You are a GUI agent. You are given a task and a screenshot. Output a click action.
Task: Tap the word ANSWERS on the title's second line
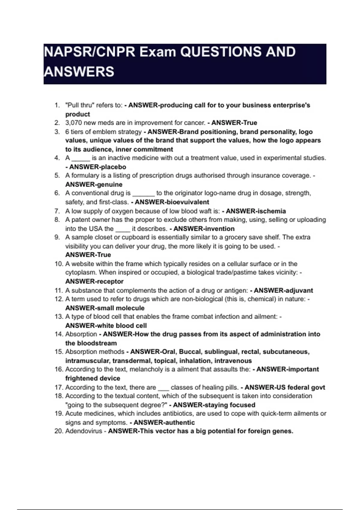[79, 72]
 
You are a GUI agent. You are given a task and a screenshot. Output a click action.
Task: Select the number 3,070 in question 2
[74, 123]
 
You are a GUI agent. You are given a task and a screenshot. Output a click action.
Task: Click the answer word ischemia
[272, 211]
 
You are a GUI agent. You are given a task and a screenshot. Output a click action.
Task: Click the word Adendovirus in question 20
[84, 431]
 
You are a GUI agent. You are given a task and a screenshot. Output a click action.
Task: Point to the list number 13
[58, 316]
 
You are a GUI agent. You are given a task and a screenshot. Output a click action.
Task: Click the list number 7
[57, 211]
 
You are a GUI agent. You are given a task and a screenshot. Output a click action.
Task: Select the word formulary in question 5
[85, 175]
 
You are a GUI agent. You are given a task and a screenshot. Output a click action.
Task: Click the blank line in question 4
[81, 159]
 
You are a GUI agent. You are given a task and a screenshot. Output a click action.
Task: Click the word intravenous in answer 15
[233, 361]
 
